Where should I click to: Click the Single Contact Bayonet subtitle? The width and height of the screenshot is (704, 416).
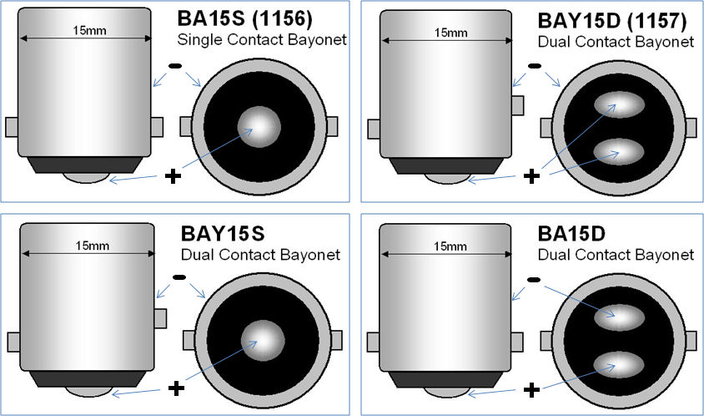tap(261, 41)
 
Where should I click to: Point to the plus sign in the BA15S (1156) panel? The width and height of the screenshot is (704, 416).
tap(173, 176)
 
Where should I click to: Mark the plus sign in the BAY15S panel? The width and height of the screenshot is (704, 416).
tap(175, 388)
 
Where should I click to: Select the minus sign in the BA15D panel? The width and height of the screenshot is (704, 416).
tap(534, 279)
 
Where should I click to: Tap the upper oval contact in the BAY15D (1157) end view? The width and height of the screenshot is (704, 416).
tap(618, 107)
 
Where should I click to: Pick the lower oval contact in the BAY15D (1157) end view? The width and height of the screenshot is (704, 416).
tap(618, 151)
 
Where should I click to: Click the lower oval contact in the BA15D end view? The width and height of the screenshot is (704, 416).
tap(618, 364)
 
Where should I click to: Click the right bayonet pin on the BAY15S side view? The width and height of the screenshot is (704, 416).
tap(161, 318)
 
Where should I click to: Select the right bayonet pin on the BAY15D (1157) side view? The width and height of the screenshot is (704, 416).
tap(518, 105)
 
